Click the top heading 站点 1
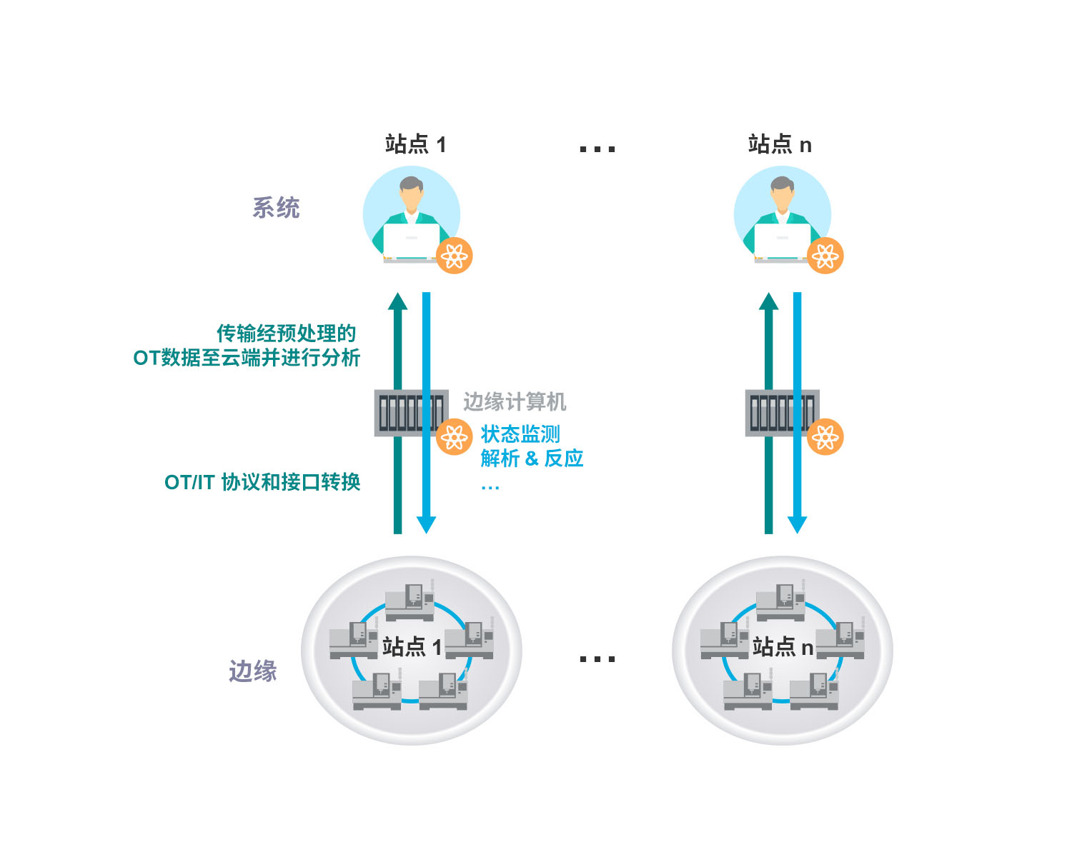tap(415, 144)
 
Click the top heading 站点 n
tap(780, 144)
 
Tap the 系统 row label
tap(276, 208)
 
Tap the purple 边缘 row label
tap(252, 671)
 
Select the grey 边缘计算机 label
tap(515, 402)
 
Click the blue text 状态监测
tap(520, 434)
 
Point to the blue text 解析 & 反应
tap(532, 458)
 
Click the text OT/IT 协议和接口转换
tap(262, 482)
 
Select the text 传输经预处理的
tap(287, 333)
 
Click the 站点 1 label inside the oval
tap(412, 647)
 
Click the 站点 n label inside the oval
tap(783, 647)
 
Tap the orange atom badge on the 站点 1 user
tap(455, 256)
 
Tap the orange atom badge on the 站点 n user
tap(825, 256)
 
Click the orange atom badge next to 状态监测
tap(455, 437)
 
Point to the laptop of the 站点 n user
tap(782, 242)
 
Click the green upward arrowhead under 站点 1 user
tap(397, 301)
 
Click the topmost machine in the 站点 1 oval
tap(410, 601)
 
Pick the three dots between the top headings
tap(597, 149)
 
